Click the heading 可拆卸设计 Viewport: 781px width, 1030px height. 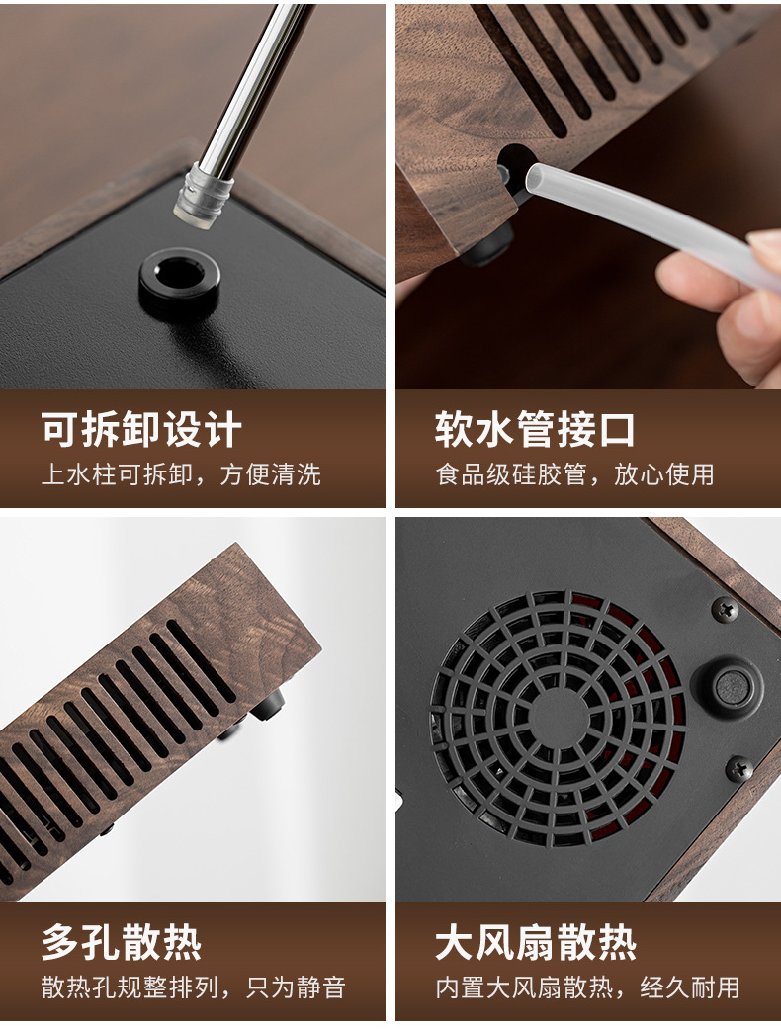point(141,430)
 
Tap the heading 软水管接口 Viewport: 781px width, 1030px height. point(535,430)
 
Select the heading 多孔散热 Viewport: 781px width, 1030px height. point(121,943)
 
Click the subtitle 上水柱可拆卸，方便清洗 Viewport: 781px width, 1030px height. point(181,474)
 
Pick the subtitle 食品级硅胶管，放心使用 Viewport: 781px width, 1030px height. point(574,474)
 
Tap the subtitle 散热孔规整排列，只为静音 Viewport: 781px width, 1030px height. point(193,987)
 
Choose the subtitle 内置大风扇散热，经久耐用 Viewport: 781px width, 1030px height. point(587,987)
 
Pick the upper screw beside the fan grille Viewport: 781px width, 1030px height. point(726,610)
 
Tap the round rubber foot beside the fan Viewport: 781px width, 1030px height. point(732,687)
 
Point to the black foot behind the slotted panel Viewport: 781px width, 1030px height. point(269,706)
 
